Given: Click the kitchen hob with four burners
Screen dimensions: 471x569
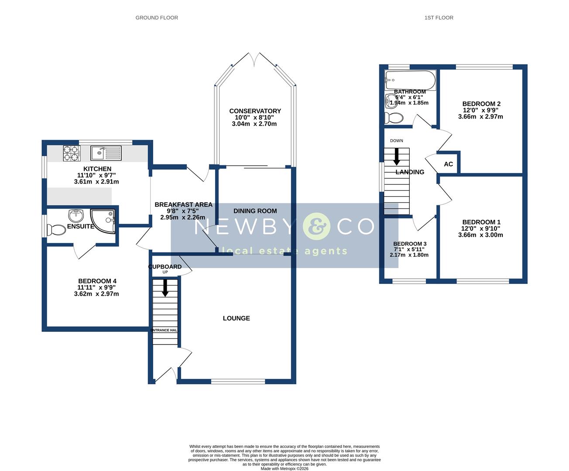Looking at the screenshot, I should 72,153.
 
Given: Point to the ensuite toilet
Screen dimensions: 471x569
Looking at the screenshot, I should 55,230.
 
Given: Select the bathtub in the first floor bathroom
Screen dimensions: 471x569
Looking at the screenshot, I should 410,80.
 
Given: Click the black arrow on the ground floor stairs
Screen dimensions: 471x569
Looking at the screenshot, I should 165,288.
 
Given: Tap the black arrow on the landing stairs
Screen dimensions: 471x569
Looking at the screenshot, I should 397,157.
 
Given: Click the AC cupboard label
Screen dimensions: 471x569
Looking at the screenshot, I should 448,164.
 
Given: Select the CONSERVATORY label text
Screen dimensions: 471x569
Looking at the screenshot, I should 255,111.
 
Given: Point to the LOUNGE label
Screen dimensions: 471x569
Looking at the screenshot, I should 236,318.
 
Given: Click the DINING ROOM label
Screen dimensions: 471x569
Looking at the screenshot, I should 255,211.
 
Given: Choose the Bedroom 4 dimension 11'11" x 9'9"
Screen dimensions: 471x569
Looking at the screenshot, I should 96,287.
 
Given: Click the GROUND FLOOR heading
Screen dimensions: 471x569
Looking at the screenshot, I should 157,18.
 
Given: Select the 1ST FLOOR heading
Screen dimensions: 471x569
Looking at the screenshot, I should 439,18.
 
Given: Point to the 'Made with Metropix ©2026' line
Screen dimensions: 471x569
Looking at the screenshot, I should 284,469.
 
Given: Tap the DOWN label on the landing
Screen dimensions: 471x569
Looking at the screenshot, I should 397,141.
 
